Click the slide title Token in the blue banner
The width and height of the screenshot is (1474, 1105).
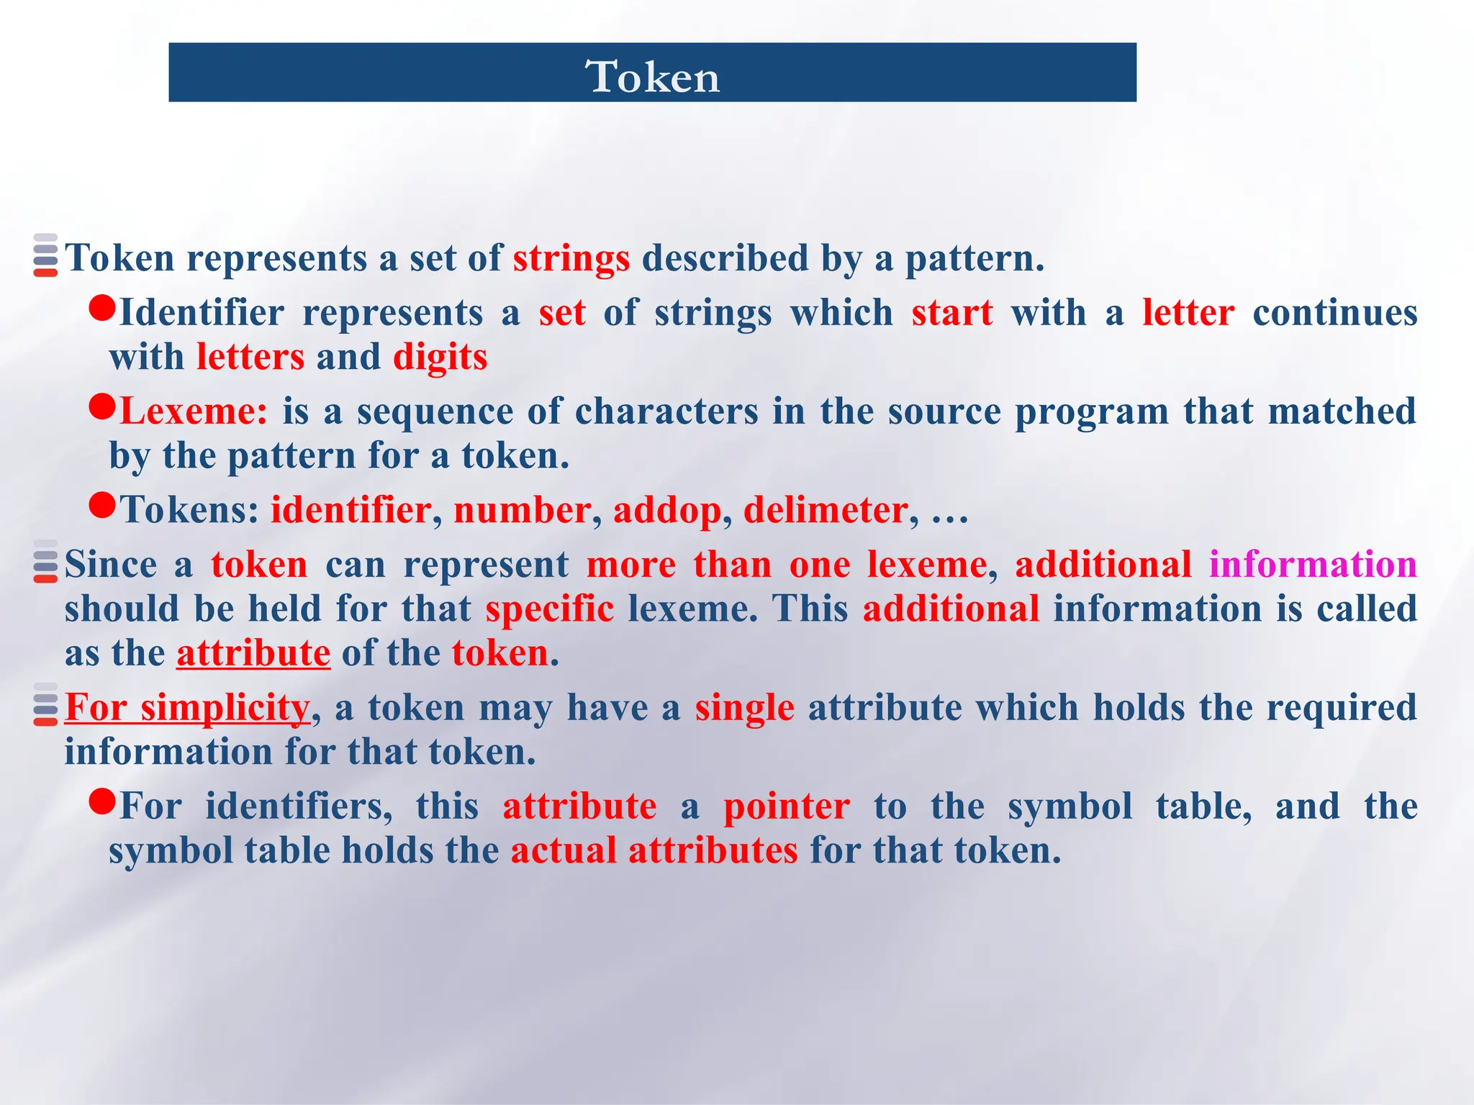click(653, 76)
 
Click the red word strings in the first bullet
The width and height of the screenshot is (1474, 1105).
click(571, 258)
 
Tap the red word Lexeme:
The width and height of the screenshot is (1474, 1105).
click(194, 411)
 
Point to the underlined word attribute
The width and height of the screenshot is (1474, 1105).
click(253, 653)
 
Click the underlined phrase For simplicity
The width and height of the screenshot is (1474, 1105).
click(187, 707)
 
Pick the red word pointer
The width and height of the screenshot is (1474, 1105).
click(787, 806)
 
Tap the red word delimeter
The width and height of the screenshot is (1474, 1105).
click(825, 511)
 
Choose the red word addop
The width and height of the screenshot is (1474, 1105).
click(667, 511)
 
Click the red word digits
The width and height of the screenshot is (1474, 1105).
click(440, 358)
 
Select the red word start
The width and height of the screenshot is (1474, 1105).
click(952, 313)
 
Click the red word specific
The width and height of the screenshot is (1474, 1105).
click(549, 609)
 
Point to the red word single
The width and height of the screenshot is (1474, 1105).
click(744, 707)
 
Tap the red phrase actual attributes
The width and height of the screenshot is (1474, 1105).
click(654, 850)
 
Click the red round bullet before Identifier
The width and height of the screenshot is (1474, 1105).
click(102, 309)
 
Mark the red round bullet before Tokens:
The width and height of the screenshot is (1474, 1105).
click(102, 506)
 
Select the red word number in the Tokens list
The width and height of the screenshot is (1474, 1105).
click(522, 511)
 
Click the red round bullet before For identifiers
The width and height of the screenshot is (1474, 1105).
click(102, 801)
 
